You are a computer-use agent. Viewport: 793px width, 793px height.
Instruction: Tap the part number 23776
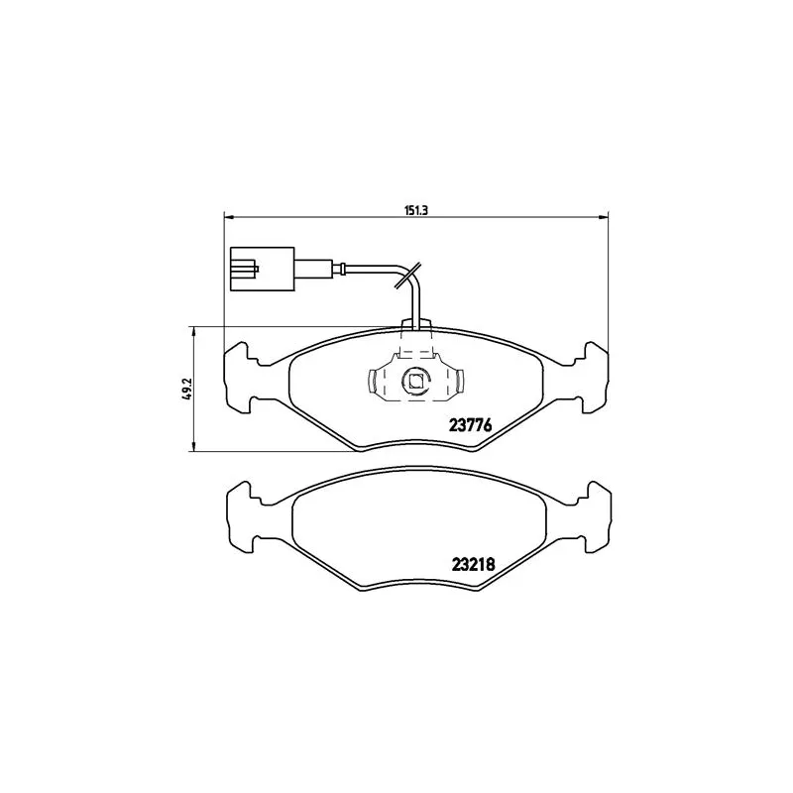[x=472, y=425]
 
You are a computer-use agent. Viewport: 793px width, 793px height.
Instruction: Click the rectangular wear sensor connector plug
[x=260, y=268]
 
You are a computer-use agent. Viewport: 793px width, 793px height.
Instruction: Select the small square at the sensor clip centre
[x=416, y=381]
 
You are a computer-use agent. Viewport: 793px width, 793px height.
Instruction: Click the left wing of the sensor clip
[x=376, y=382]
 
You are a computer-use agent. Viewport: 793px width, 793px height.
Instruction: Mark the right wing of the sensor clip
[x=457, y=382]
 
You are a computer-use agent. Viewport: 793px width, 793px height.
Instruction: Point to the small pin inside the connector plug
[x=256, y=267]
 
